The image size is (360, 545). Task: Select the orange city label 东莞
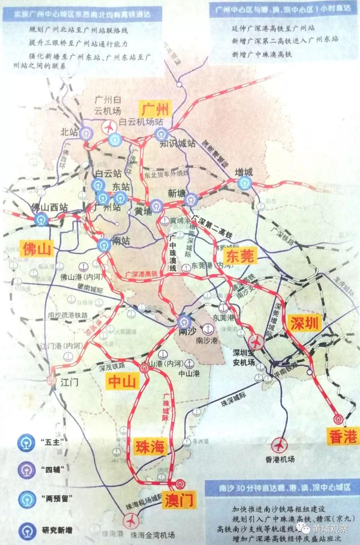[240, 256]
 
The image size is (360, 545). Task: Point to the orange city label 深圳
[304, 323]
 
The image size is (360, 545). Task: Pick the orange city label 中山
[122, 381]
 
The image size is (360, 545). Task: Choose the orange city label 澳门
[179, 500]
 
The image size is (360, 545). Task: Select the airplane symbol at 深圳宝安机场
[256, 342]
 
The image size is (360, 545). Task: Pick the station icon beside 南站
[104, 245]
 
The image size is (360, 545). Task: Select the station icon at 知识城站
[161, 134]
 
